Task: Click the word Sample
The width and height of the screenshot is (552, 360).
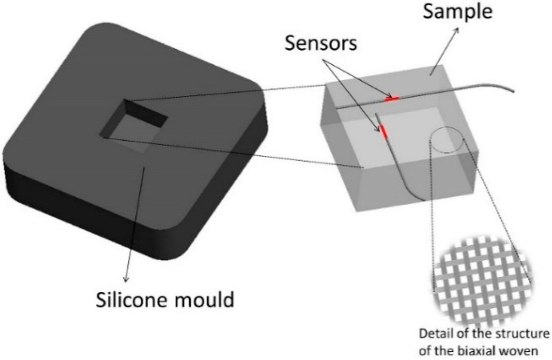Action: click(458, 12)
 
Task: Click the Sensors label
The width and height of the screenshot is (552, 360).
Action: click(321, 43)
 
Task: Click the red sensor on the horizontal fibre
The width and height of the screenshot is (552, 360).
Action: click(392, 99)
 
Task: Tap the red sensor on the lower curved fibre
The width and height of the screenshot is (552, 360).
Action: click(384, 131)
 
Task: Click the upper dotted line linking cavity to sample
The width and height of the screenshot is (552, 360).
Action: click(226, 92)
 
